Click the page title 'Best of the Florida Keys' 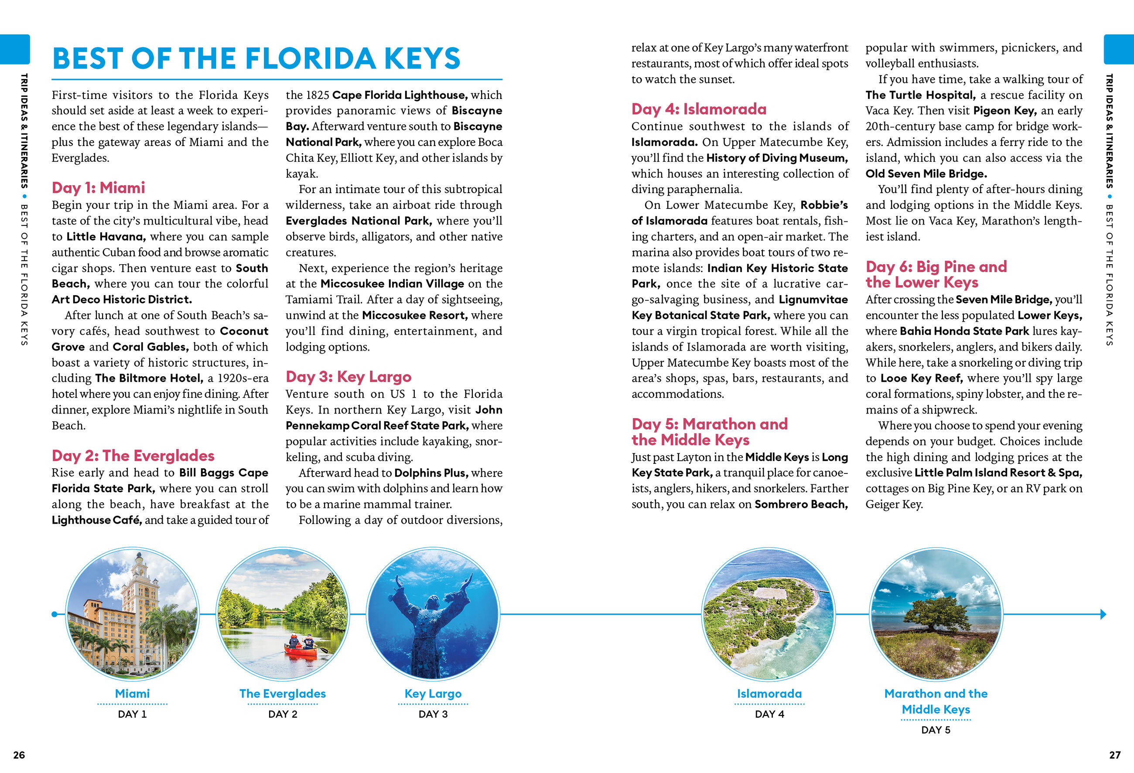pos(256,58)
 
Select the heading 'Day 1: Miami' pos(98,188)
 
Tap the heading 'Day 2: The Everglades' pos(133,456)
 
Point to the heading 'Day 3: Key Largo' pos(348,377)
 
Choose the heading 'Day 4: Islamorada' pos(699,109)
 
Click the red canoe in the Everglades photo pos(301,649)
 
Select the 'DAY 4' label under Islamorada pos(769,714)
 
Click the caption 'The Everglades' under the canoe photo pos(283,694)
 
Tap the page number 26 pos(19,755)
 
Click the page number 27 pos(1114,755)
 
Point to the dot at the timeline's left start pos(54,614)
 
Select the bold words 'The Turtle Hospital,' pos(920,95)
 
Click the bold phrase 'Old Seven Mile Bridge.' pos(926,174)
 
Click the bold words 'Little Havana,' pos(106,237)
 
